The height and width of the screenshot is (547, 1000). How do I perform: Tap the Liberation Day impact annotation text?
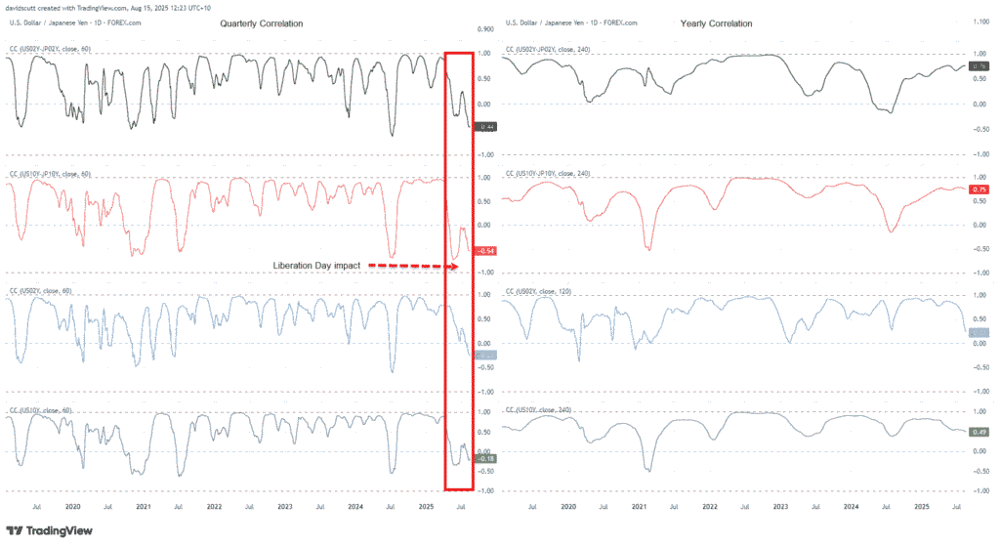click(317, 265)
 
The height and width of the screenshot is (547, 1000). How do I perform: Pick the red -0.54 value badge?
click(484, 251)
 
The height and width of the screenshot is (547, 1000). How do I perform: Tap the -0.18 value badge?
click(484, 458)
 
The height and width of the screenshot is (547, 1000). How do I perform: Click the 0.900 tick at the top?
click(484, 29)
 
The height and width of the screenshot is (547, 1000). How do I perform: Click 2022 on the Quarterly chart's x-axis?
click(214, 507)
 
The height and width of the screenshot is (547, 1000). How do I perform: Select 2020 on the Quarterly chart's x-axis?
click(73, 507)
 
